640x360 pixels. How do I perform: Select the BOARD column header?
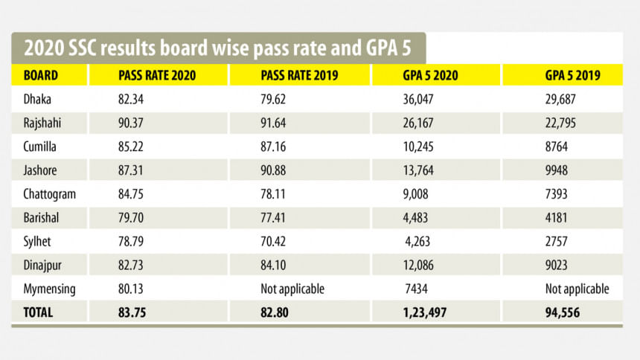(x=41, y=75)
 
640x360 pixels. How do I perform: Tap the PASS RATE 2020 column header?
(x=153, y=75)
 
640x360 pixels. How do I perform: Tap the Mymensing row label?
(x=48, y=289)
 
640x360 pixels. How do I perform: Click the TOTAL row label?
(x=39, y=313)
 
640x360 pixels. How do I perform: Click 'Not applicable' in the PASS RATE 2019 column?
(x=292, y=289)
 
